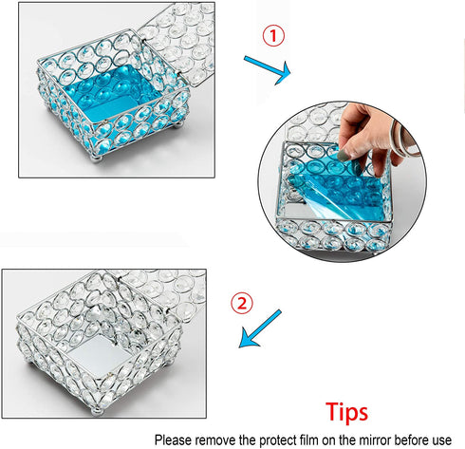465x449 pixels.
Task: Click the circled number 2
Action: pyautogui.click(x=243, y=304)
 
